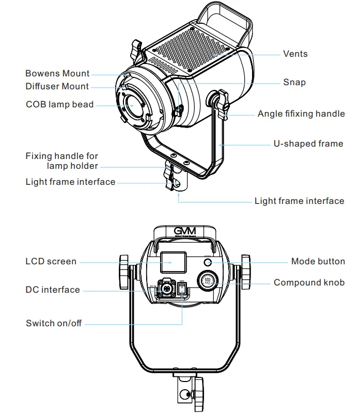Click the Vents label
(295, 54)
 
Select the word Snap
(294, 82)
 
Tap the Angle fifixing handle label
(301, 114)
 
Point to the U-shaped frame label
(308, 144)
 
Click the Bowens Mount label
(57, 73)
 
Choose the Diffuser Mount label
(57, 86)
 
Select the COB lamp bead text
(59, 104)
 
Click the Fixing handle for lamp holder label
(62, 161)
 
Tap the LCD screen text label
(51, 261)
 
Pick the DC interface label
(53, 290)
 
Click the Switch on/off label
(54, 323)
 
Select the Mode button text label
(318, 261)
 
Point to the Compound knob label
(309, 282)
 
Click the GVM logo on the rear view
(184, 231)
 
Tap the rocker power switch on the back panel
(182, 289)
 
